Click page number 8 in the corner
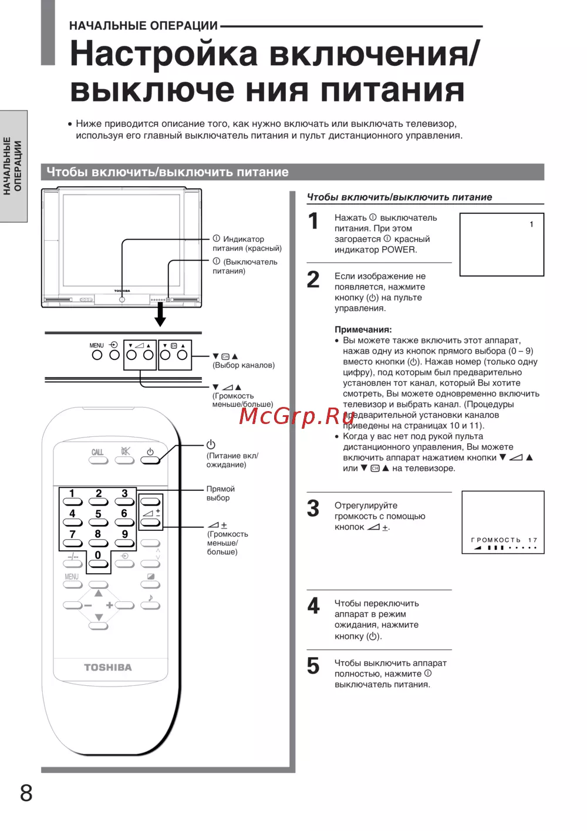[x=26, y=793]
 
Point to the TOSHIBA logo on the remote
[x=108, y=667]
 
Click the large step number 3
[x=313, y=509]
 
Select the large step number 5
[x=313, y=666]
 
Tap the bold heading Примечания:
[x=363, y=329]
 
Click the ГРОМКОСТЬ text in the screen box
[x=495, y=540]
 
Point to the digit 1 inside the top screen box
[x=531, y=224]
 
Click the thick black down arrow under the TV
[x=160, y=317]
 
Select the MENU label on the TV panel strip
[x=96, y=345]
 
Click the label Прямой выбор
[x=220, y=493]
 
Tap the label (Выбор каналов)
[x=244, y=365]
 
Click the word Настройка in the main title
[x=164, y=54]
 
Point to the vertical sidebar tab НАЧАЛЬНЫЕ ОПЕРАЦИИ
[x=13, y=166]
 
